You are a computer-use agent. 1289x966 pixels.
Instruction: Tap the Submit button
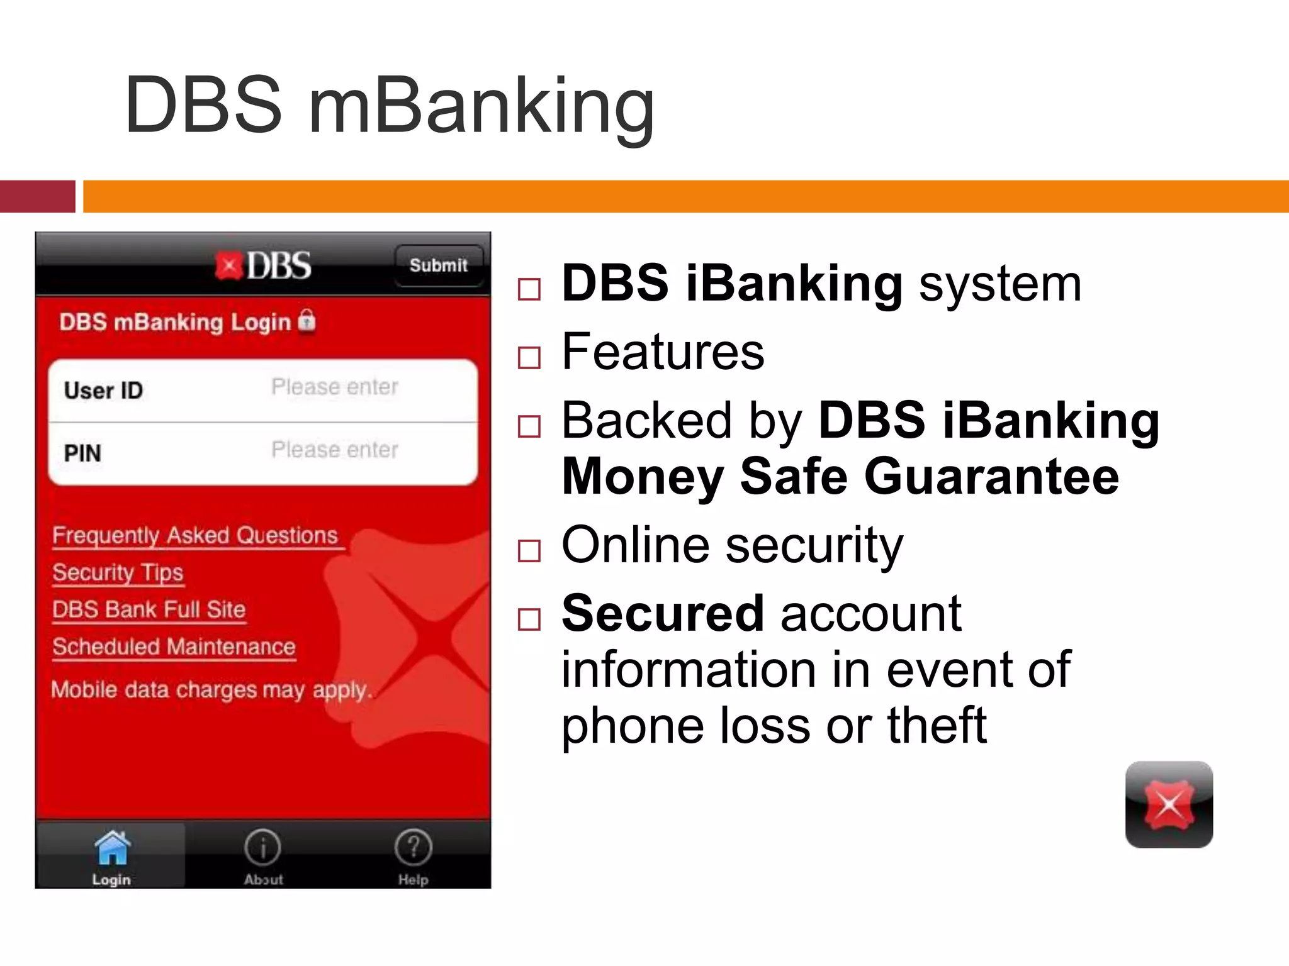[439, 265]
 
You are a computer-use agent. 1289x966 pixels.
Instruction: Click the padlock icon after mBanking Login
[307, 321]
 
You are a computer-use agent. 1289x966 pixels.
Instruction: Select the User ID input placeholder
[334, 387]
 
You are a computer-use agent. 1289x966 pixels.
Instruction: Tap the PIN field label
[82, 453]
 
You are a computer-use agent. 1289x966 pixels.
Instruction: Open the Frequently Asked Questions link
[196, 536]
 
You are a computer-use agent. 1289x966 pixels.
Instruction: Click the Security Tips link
[118, 573]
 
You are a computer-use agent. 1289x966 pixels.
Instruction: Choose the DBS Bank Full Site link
[149, 610]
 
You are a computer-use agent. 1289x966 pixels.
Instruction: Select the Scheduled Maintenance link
[174, 647]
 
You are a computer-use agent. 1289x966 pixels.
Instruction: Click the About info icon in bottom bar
[262, 848]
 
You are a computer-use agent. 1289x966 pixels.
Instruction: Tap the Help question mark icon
[413, 848]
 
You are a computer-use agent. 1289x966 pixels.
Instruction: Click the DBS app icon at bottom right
[1169, 804]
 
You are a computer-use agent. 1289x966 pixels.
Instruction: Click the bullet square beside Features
[529, 358]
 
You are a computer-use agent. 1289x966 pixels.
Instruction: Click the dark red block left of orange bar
[38, 196]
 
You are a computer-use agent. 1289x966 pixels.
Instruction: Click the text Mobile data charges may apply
[211, 690]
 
